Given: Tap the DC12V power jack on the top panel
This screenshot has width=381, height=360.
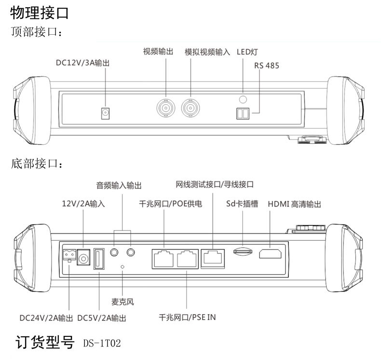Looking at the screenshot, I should coord(104,113).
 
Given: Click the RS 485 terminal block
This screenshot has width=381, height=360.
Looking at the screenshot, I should coord(243,113).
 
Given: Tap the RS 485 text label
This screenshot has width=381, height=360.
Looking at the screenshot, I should coord(266,65).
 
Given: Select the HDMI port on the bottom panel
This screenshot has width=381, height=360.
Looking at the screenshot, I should coord(271,253).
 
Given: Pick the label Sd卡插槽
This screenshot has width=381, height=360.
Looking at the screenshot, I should coord(242,204).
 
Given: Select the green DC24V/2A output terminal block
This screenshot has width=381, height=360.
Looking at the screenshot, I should coord(69,254).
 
